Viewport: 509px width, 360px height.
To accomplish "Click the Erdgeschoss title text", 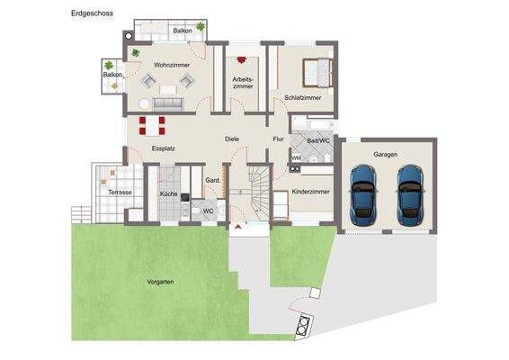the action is click(x=93, y=13).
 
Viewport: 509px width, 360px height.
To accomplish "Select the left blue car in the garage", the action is click(x=362, y=195).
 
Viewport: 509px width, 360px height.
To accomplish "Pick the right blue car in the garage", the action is click(x=410, y=195).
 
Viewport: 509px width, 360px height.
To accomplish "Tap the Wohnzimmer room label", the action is click(x=172, y=65).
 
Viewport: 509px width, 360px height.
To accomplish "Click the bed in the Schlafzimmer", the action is click(x=317, y=73).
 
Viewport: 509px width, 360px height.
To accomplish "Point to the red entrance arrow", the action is click(x=238, y=227).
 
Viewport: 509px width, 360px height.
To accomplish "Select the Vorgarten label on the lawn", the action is click(x=160, y=282).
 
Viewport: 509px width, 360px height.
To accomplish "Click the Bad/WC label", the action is click(x=318, y=140).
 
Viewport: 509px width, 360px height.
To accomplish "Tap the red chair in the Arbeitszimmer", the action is click(x=241, y=59).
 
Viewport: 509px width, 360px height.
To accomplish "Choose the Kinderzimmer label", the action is click(x=310, y=192).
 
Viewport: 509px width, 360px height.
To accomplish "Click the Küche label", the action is click(x=169, y=193).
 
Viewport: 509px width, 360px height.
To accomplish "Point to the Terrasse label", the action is click(x=120, y=193).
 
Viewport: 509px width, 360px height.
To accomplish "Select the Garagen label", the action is click(x=385, y=154).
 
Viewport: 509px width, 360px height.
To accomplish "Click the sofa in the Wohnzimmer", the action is click(x=168, y=104).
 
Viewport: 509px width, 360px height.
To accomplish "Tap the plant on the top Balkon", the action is click(x=201, y=26).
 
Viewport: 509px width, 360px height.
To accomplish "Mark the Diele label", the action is click(x=232, y=139).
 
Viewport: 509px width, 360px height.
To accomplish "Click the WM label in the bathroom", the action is click(x=296, y=157).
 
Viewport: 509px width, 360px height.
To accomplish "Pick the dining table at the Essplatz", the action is click(x=152, y=126).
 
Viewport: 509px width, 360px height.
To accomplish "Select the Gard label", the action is click(x=212, y=180).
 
